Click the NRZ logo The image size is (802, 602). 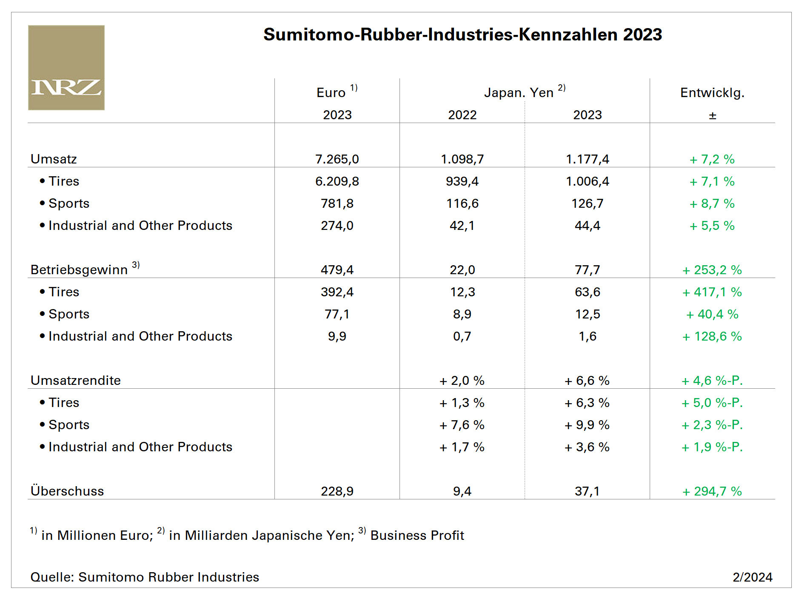66,68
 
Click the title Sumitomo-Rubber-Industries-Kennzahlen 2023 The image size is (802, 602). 462,34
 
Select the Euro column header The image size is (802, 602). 332,92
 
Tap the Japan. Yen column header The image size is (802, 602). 519,92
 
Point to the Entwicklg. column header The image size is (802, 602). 712,92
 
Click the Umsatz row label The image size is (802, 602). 54,159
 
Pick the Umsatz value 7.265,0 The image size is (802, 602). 337,159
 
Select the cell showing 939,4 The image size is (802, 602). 462,181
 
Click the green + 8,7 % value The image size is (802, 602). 712,204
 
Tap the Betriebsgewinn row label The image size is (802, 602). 79,269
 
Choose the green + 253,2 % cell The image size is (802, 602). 712,269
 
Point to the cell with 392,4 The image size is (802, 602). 337,292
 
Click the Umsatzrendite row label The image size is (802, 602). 76,380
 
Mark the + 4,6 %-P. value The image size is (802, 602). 712,380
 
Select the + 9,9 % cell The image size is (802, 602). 587,425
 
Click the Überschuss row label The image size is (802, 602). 67,491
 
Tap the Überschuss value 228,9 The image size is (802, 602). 337,491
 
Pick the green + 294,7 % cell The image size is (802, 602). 712,491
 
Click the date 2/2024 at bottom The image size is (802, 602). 752,577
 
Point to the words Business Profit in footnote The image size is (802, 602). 417,535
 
